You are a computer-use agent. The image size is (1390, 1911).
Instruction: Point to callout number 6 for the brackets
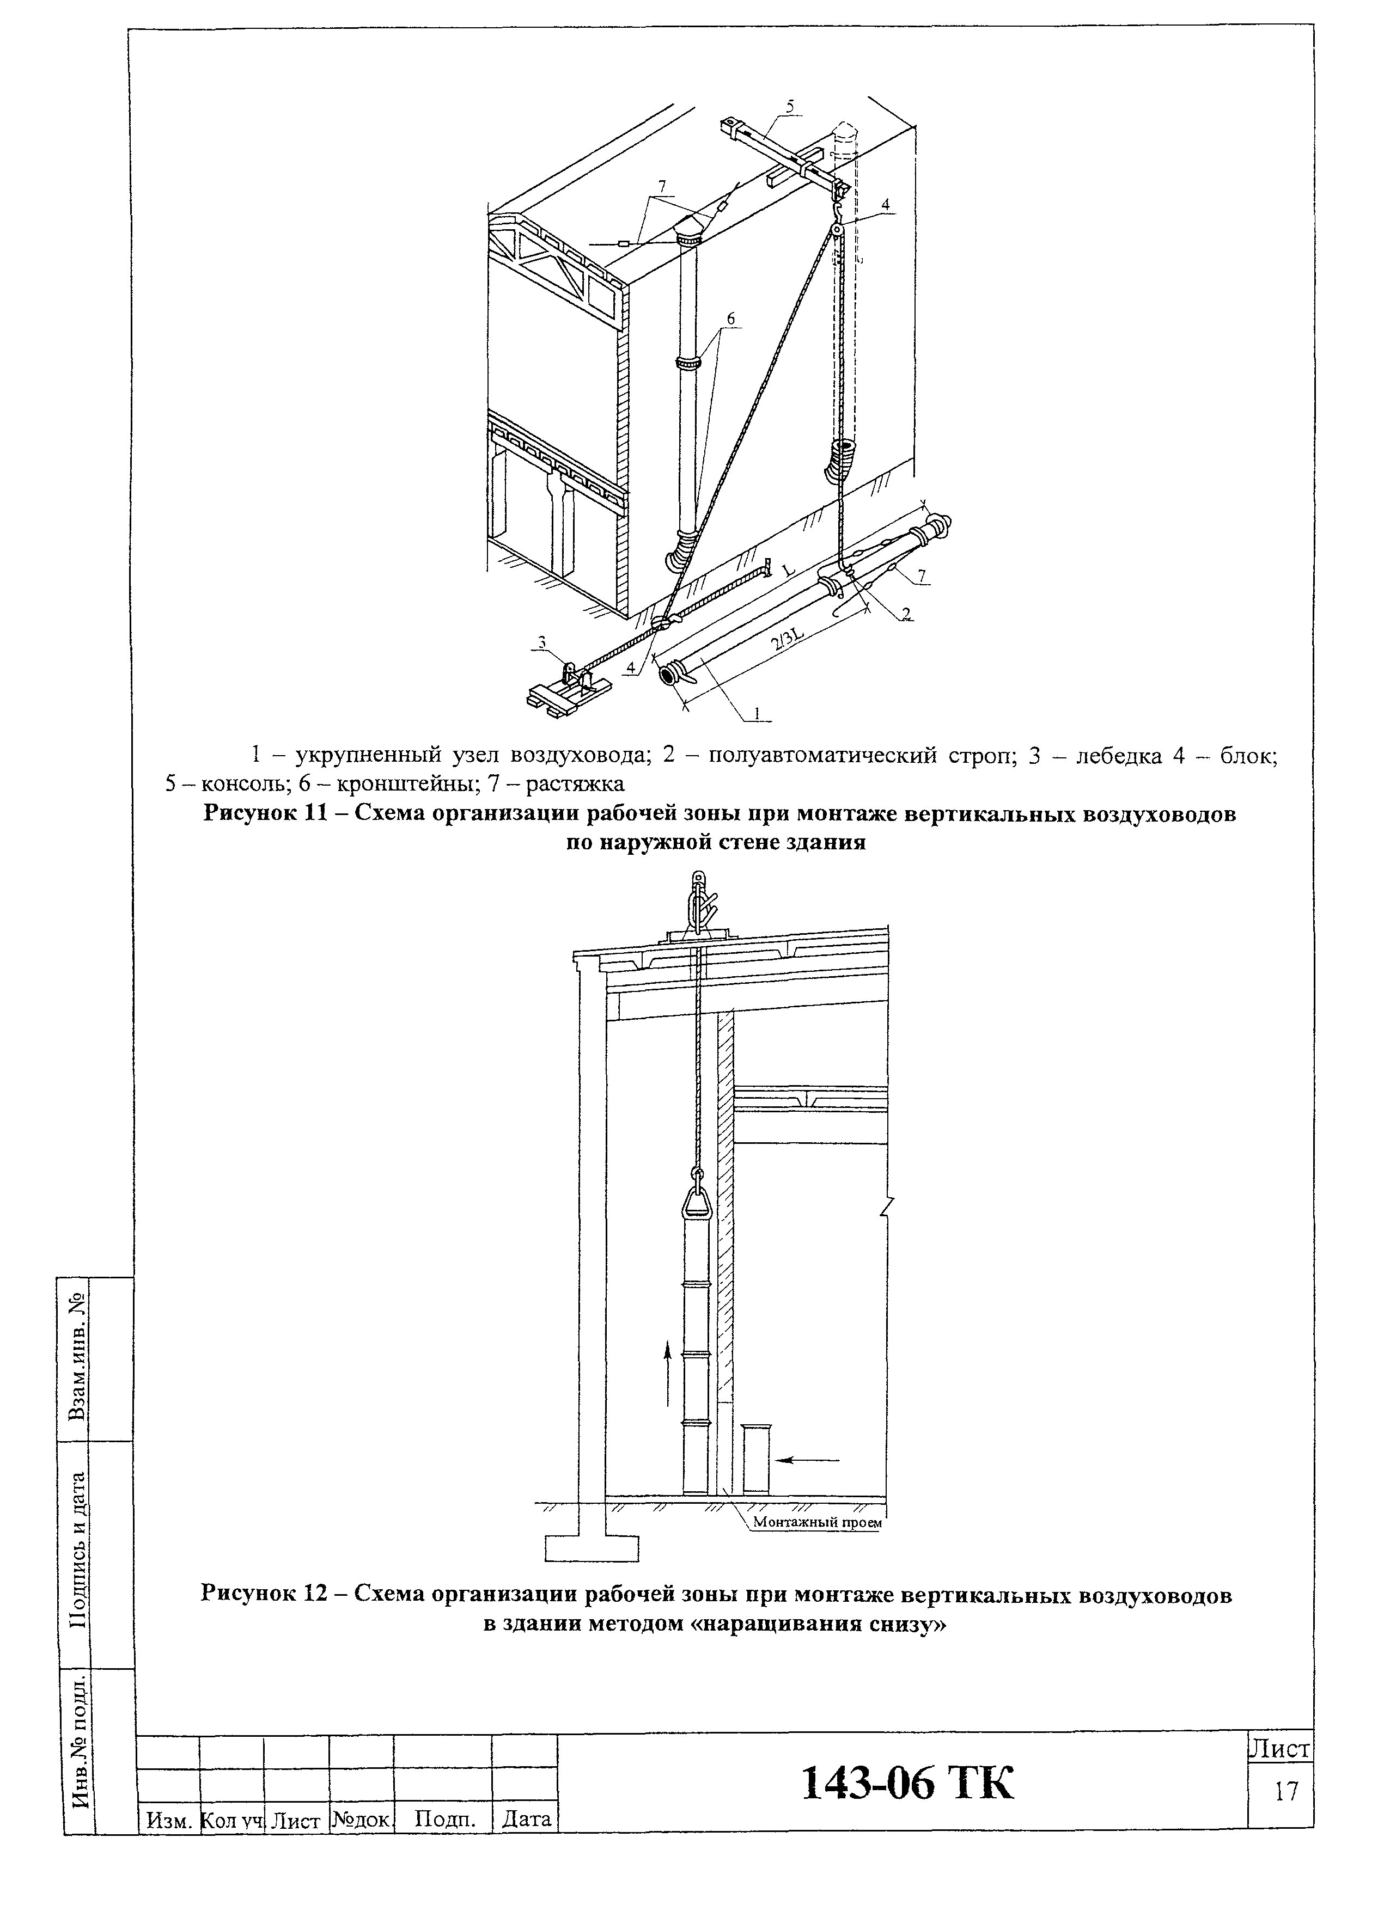point(730,318)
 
